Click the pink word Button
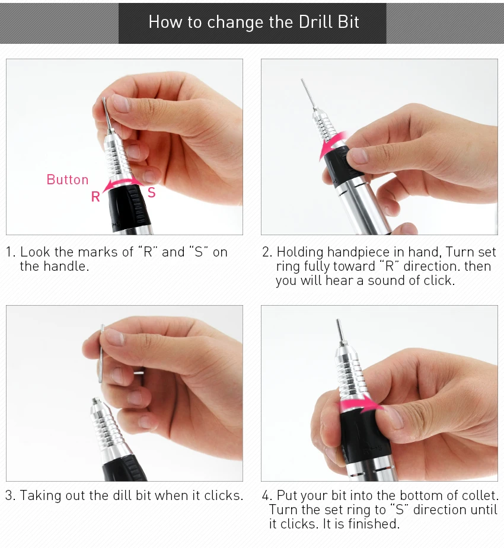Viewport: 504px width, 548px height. (68, 180)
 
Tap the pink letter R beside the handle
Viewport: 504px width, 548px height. (95, 197)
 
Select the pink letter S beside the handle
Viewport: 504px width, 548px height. (151, 192)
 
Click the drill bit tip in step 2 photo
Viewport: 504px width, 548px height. (302, 80)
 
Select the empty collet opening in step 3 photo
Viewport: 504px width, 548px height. (95, 401)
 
